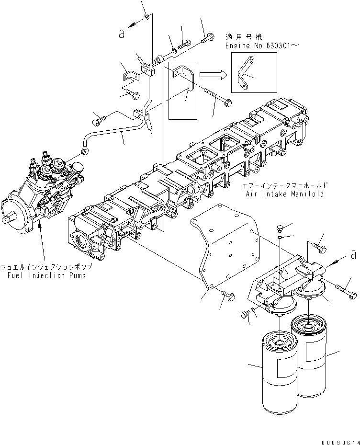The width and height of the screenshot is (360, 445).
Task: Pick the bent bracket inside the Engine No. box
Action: pyautogui.click(x=247, y=73)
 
